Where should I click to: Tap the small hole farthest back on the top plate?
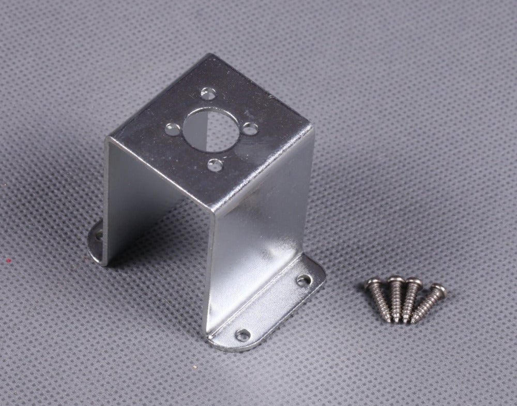pos(208,93)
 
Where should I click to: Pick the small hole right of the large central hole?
pos(250,129)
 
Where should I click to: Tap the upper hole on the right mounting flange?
pos(303,280)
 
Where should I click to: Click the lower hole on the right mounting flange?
pos(242,335)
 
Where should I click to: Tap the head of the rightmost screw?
pos(437,291)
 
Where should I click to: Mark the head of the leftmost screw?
pos(373,283)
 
